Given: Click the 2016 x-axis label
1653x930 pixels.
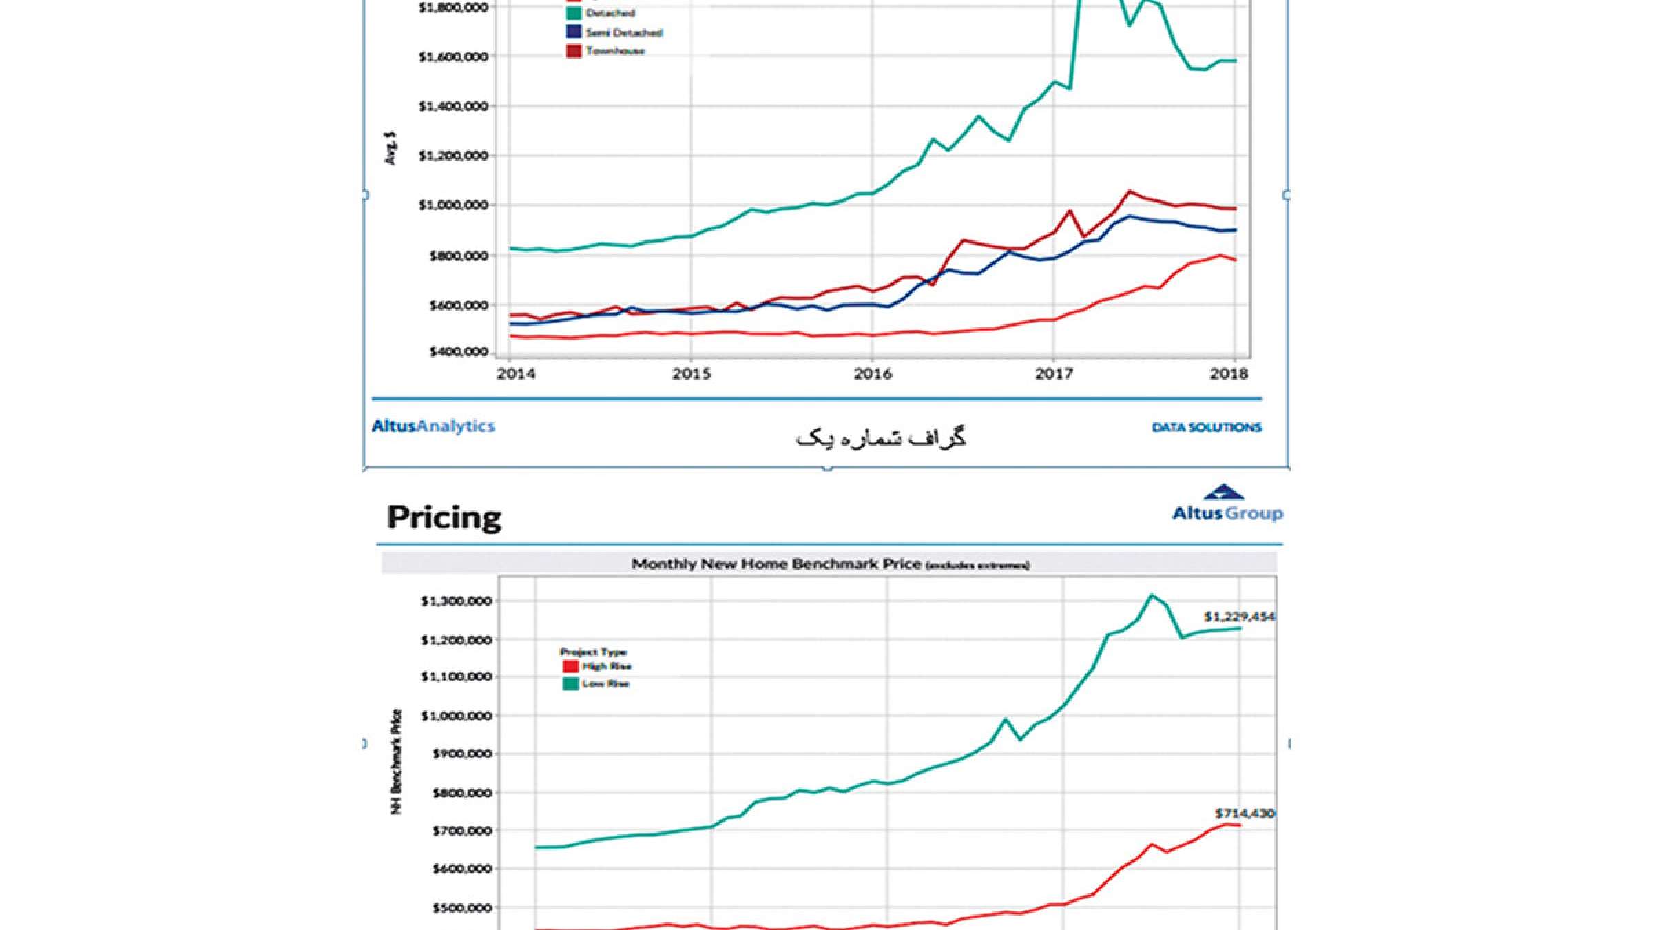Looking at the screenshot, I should (x=873, y=374).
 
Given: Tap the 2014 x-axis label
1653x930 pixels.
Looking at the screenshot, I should (x=516, y=374).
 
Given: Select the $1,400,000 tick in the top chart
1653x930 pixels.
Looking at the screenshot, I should (x=453, y=106).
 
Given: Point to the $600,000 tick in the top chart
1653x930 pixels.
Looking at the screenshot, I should (x=458, y=305).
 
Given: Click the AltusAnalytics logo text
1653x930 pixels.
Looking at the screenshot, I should (x=433, y=426).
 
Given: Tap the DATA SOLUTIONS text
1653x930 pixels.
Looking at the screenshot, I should (x=1207, y=428).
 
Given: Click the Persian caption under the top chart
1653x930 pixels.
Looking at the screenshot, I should (x=881, y=439).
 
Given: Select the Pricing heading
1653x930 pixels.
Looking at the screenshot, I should (x=444, y=517).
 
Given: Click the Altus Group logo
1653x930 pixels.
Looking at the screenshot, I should (x=1227, y=504).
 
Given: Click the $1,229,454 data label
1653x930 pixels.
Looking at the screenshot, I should (x=1239, y=617).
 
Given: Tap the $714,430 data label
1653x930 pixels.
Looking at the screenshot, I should (x=1245, y=814).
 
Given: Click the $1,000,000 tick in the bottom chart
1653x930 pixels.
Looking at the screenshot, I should (x=456, y=716).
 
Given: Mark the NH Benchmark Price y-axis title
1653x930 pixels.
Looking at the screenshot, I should (x=396, y=761).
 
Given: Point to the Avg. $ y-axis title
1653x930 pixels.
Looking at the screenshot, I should (x=391, y=147).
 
